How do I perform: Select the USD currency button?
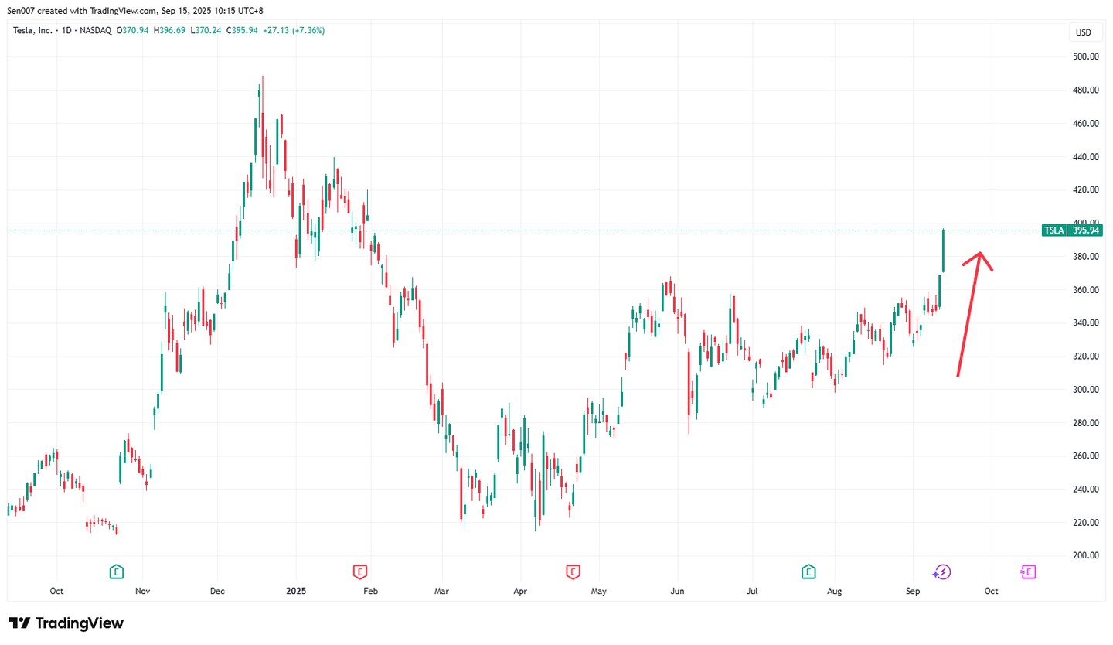(1083, 32)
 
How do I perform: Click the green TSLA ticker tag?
(1053, 230)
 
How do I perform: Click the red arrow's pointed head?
(980, 254)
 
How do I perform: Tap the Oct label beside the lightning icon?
(991, 591)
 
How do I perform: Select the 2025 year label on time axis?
(296, 591)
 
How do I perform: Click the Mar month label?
(441, 591)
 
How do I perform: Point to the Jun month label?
(676, 591)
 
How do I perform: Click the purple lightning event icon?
(941, 572)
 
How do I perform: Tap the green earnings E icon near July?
(808, 572)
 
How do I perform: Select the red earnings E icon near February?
(359, 572)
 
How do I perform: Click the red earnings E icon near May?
(573, 572)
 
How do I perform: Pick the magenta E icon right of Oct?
(1028, 572)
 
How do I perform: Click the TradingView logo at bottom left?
(66, 623)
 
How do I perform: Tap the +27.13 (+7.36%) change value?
(294, 30)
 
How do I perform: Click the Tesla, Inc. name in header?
(32, 30)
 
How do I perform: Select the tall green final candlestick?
(943, 251)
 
